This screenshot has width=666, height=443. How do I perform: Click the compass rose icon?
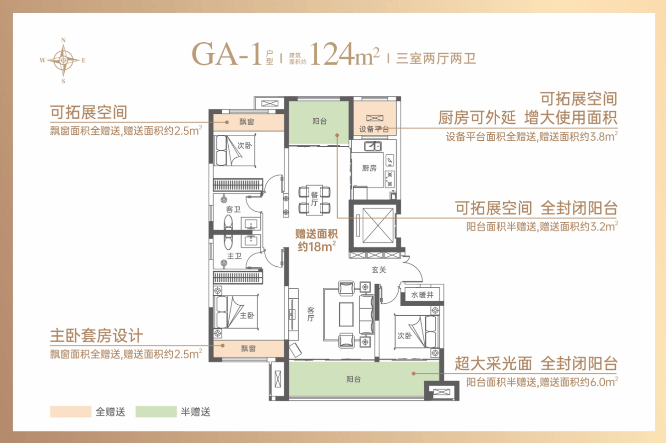[x=63, y=61]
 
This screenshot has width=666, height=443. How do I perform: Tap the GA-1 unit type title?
[x=226, y=54]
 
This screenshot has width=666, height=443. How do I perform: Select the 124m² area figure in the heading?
[x=345, y=54]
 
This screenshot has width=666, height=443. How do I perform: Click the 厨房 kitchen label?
[x=369, y=168]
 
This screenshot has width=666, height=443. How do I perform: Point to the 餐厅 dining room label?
[x=314, y=199]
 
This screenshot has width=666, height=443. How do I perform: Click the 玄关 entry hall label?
[x=379, y=270]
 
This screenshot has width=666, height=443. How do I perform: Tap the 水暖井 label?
[x=422, y=295]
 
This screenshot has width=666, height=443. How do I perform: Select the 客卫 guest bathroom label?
[x=233, y=209]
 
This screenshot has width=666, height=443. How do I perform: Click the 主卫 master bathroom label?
[x=235, y=256]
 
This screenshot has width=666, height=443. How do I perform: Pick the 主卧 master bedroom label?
[x=247, y=315]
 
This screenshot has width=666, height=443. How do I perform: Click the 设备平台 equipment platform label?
[x=374, y=129]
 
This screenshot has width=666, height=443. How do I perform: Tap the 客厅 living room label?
[x=311, y=314]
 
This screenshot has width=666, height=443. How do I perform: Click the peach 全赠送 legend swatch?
[x=70, y=412]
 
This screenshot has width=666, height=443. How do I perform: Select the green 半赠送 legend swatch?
[x=156, y=412]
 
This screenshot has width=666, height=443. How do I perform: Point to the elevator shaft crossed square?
[x=377, y=226]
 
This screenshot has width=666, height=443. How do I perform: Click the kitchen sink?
[x=373, y=146]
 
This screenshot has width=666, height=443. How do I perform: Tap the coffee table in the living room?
[x=346, y=314]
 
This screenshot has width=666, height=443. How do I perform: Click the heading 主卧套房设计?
[x=97, y=336]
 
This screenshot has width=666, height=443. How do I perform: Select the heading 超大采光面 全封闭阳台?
[x=536, y=363]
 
